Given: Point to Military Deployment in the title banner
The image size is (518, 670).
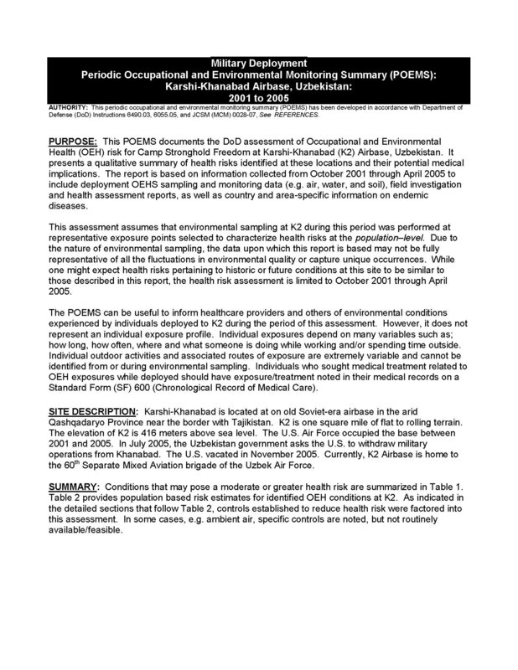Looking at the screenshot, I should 258,62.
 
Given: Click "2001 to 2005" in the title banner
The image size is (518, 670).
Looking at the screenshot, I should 258,98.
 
